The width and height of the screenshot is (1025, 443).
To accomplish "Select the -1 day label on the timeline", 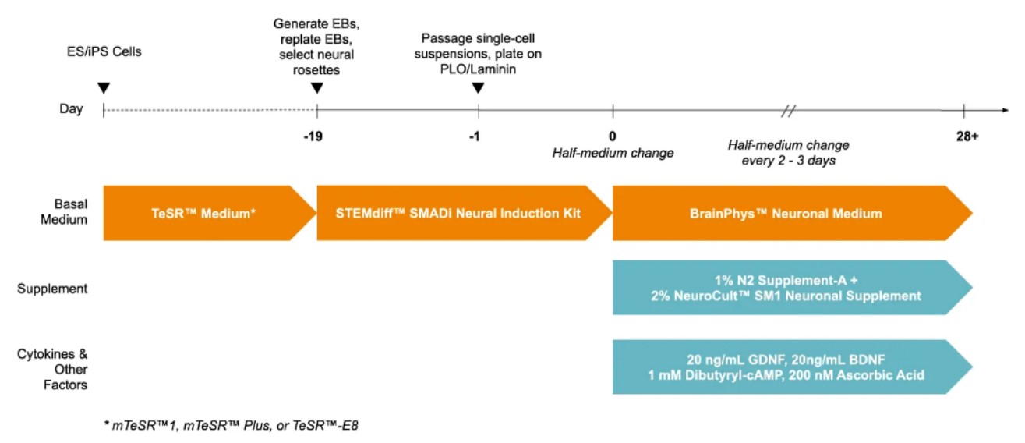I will (x=475, y=136).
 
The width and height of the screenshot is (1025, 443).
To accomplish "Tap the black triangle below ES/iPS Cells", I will (x=104, y=87).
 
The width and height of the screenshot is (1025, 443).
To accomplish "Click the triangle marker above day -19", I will (x=316, y=87).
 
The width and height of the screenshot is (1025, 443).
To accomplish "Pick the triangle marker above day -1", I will (x=478, y=87).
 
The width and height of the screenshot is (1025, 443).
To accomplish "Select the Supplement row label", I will (x=52, y=289).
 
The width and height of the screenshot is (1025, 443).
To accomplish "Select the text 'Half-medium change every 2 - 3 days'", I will (x=788, y=152).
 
